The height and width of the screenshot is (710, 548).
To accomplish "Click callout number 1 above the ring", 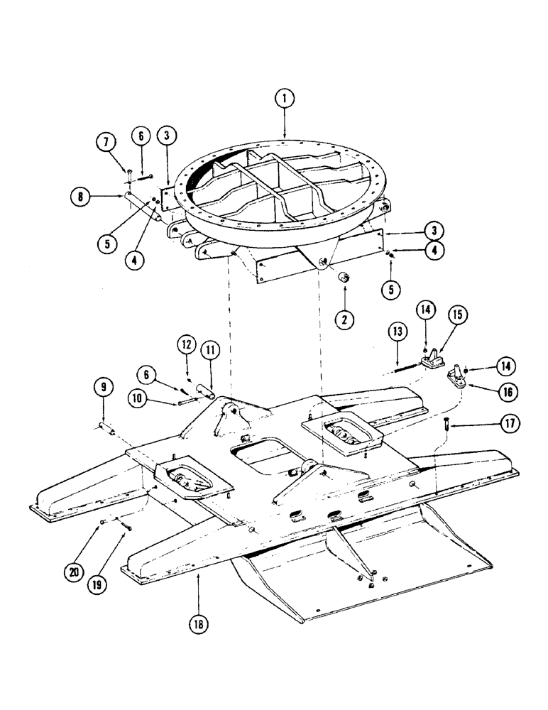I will click(284, 99).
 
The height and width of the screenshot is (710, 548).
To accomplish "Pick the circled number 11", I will click(211, 349).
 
